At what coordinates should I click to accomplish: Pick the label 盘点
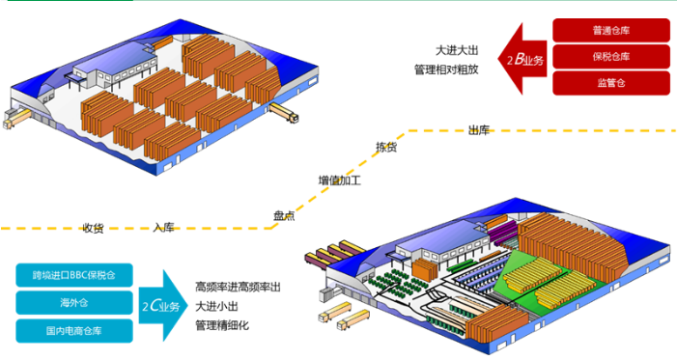pos(284,216)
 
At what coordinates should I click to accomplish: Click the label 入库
pos(163,228)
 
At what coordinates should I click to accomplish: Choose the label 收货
pos(93,228)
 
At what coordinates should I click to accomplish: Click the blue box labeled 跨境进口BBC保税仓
pos(72,275)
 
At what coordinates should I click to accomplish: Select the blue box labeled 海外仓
pos(72,303)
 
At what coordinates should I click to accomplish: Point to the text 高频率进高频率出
pos(238,287)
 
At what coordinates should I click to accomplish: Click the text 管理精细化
pos(222,326)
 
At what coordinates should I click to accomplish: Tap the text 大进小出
pos(215,307)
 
